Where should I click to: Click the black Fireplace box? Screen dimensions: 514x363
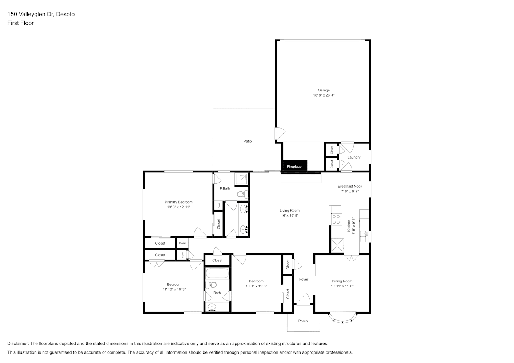294,166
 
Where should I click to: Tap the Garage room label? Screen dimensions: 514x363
324,90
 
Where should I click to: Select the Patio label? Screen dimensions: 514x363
248,142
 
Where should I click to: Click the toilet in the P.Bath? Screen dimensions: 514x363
242,194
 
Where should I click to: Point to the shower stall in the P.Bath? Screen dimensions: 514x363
241,179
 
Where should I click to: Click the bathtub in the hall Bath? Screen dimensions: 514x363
217,273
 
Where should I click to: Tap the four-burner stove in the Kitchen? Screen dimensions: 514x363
336,219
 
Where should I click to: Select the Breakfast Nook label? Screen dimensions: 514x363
350,187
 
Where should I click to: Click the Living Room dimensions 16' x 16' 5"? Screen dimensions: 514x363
290,215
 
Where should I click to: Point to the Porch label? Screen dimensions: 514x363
303,321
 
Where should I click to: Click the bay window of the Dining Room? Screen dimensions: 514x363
342,319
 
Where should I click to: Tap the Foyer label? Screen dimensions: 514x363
304,280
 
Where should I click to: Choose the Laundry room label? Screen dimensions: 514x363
354,158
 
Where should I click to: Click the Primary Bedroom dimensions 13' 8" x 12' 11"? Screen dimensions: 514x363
179,207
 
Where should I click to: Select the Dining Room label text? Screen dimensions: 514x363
342,281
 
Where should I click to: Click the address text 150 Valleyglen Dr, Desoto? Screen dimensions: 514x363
41,14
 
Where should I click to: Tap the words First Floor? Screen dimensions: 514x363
21,23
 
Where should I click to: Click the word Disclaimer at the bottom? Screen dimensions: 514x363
18,343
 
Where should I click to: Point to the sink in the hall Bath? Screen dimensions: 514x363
212,307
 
